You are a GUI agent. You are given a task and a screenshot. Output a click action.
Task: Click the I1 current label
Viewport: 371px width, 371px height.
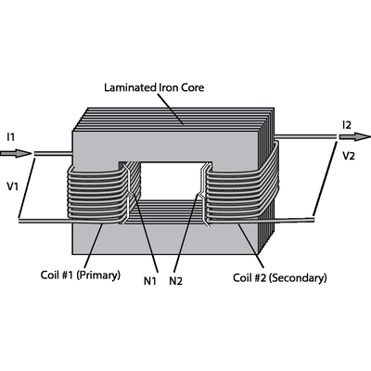(11, 136)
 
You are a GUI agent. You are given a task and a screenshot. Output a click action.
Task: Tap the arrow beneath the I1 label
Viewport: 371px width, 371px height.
(16, 153)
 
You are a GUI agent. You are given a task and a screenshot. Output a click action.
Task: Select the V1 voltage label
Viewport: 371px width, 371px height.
(13, 186)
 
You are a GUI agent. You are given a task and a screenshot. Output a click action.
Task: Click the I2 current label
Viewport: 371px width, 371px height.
(347, 125)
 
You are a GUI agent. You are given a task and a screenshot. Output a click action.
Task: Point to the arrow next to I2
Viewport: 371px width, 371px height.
(355, 136)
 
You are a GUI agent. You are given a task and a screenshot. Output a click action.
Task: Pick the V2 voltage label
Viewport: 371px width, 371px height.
(349, 156)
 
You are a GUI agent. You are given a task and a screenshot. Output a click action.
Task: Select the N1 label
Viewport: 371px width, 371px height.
(150, 281)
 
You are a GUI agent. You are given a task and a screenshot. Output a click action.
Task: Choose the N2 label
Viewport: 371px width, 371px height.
(176, 281)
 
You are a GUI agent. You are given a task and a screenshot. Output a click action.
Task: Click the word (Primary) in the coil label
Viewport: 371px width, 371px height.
(98, 275)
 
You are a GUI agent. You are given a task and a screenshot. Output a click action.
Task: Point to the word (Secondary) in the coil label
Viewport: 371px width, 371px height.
(298, 278)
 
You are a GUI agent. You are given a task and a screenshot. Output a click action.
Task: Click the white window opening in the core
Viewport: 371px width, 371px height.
(172, 181)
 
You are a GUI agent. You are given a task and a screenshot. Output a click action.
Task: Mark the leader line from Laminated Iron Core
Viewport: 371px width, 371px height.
(171, 109)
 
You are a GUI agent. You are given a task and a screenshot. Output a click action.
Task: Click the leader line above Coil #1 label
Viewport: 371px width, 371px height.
(92, 247)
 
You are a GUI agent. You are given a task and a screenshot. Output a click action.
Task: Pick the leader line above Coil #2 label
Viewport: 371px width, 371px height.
(251, 246)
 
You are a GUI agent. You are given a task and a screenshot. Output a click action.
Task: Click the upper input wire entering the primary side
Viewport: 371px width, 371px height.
(53, 153)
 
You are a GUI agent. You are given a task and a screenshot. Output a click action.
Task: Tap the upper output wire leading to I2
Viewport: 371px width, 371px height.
(305, 136)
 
